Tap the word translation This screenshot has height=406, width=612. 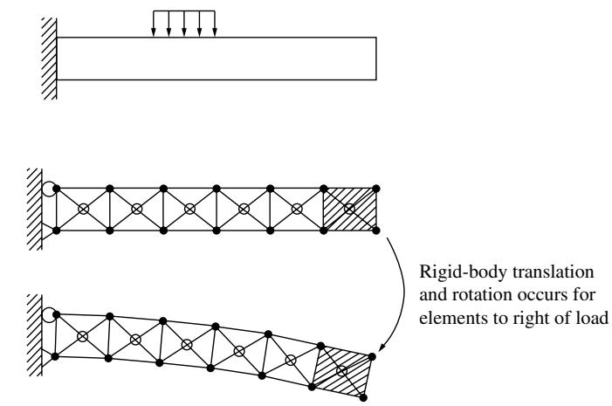pos(553,272)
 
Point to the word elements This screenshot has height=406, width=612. pos(444,317)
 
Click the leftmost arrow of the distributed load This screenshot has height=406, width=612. pos(154,24)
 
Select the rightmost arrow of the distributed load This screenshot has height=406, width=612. pos(215,24)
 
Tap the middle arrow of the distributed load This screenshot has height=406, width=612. pos(184,24)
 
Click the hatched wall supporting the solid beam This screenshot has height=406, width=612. pos(49,58)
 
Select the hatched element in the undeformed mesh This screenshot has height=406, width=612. pos(350,210)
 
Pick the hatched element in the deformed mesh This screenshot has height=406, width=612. pos(342,371)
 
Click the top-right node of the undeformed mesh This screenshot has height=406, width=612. pos(376,189)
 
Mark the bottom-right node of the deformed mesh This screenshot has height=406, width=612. pos(363,398)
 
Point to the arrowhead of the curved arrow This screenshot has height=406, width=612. pos(382,347)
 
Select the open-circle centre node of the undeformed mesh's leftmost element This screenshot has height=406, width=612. pos(83,210)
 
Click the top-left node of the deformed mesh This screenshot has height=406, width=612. pos(56,314)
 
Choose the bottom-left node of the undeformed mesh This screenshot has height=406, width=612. pos(56,231)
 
